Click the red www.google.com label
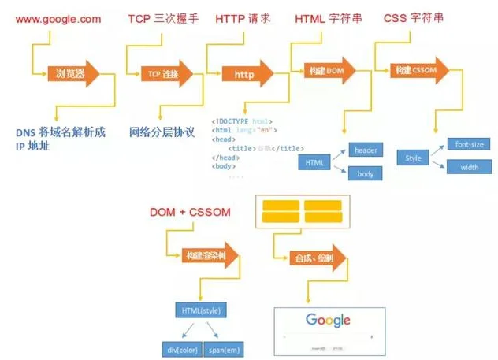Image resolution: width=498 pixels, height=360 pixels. [54, 17]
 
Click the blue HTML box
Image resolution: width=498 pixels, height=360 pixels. [314, 161]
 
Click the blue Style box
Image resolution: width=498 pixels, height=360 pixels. [414, 158]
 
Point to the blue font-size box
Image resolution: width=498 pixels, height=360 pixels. [470, 144]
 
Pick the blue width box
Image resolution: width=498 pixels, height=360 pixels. [470, 166]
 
